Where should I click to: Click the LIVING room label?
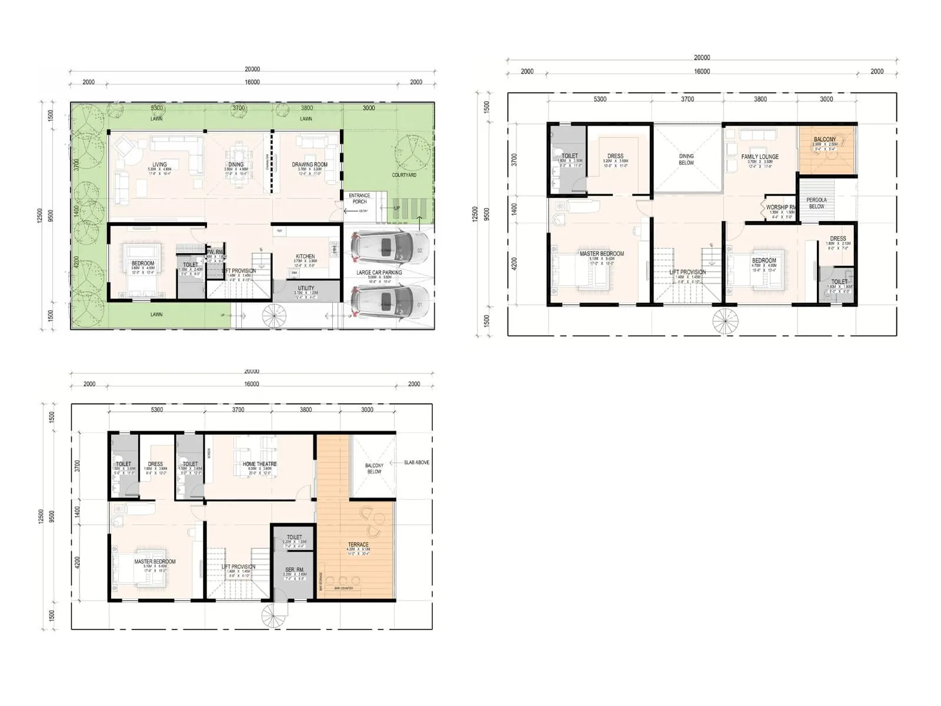(159, 165)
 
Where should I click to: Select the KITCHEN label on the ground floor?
(305, 257)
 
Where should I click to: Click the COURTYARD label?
(404, 175)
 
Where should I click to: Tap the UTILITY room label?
(306, 288)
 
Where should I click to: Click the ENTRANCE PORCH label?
(359, 198)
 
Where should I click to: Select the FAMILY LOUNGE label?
(760, 156)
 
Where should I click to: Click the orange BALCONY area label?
(825, 139)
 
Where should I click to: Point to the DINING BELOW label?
(686, 159)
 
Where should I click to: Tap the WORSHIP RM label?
(781, 207)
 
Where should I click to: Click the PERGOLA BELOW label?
(816, 203)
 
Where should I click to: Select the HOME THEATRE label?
(259, 464)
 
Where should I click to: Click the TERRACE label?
(358, 545)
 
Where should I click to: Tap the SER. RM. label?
(295, 570)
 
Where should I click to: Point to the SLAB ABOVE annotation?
(416, 462)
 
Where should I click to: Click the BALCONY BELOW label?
(374, 468)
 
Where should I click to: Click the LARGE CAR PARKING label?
(379, 272)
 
